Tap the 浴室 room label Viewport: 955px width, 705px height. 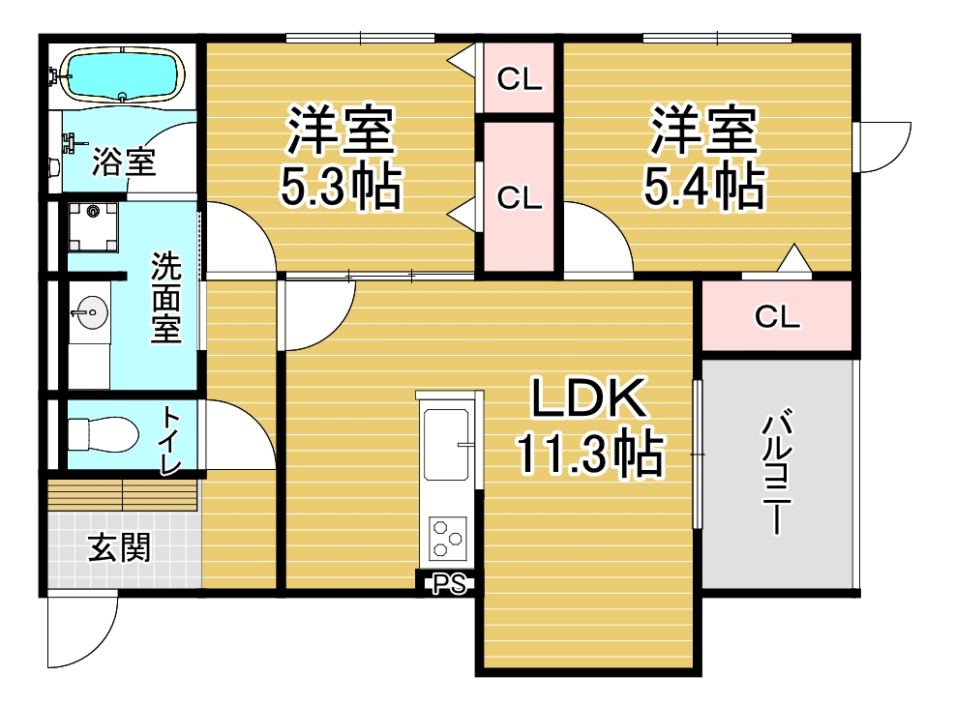point(123,162)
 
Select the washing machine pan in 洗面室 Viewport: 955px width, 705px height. point(93,226)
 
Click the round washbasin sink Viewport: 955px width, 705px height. point(90,313)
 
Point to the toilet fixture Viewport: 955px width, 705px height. point(103,434)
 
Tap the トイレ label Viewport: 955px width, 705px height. point(170,440)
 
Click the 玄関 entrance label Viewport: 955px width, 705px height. point(119,548)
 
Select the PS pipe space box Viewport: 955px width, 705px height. point(448,584)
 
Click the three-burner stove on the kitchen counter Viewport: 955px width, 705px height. point(448,538)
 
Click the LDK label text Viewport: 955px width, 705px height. point(588,398)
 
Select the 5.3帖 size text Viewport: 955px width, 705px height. point(341,185)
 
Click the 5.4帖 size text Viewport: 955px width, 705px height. point(704,185)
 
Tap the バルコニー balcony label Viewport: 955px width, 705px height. point(777,473)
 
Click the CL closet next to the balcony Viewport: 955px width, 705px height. point(777,316)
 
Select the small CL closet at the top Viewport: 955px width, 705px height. point(519,78)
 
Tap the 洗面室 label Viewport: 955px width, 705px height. point(166,297)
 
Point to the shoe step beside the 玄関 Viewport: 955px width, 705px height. point(124,495)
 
